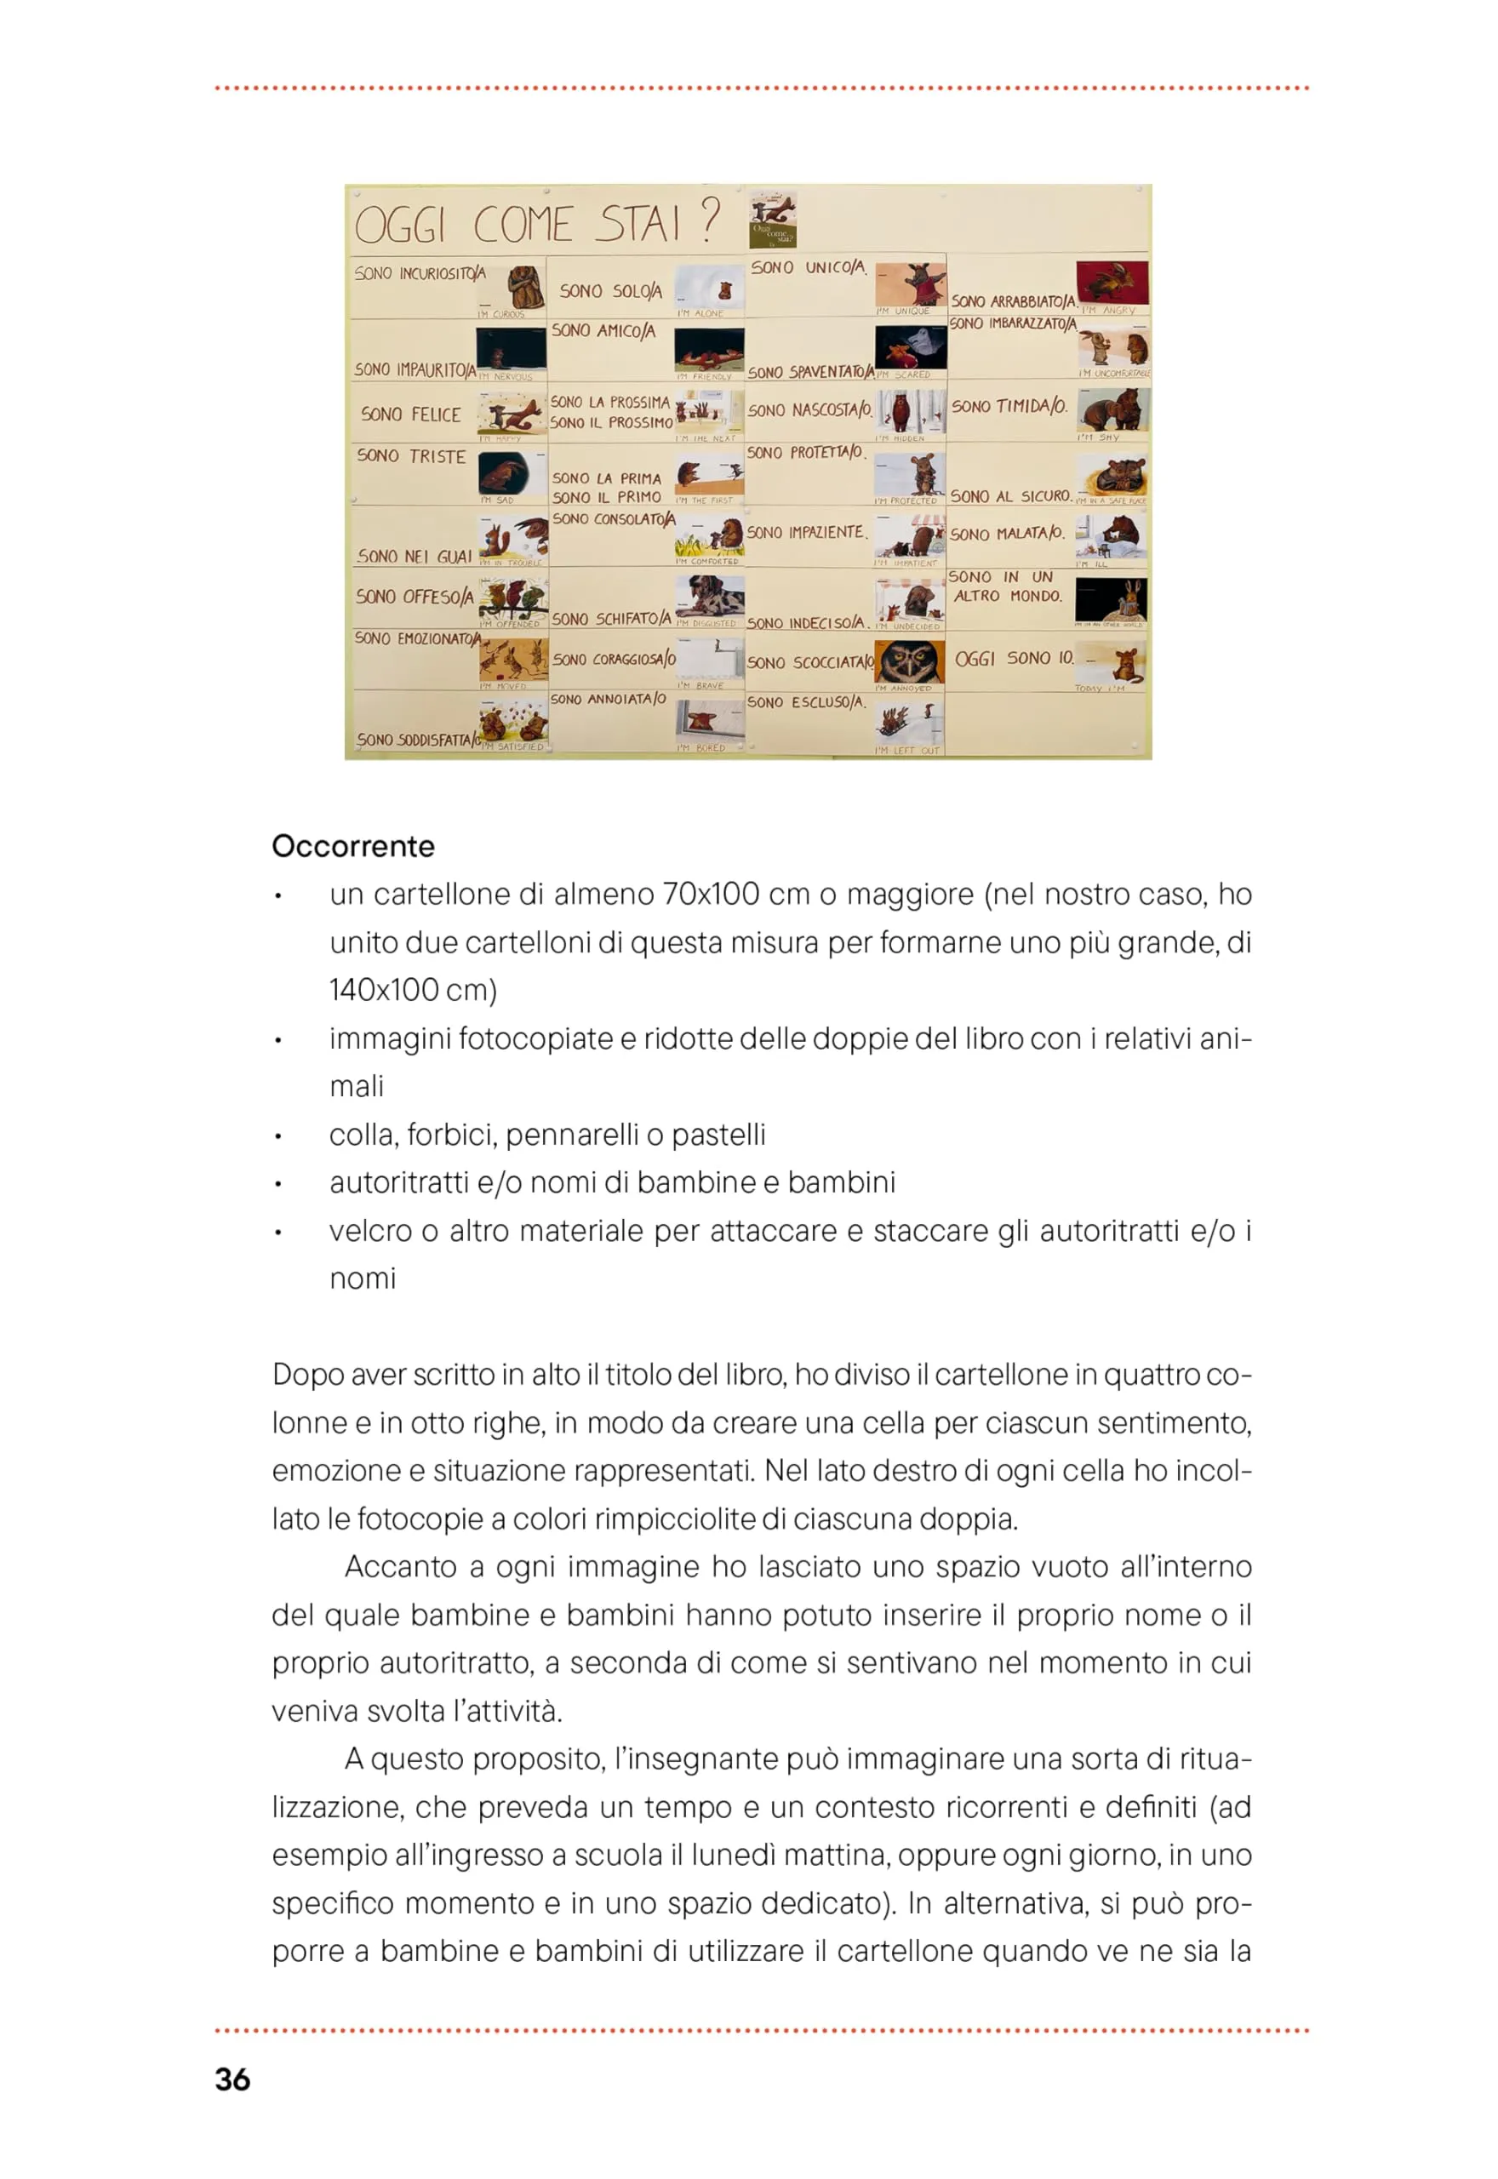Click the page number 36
pyautogui.click(x=232, y=2079)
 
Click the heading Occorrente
pyautogui.click(x=353, y=845)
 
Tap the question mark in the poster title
pyautogui.click(x=711, y=220)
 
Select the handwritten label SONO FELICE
pyautogui.click(x=410, y=414)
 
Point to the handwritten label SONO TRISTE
pyautogui.click(x=411, y=456)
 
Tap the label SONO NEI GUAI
pyautogui.click(x=414, y=557)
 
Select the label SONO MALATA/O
pyautogui.click(x=1007, y=534)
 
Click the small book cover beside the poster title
pyautogui.click(x=774, y=220)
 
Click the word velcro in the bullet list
pyautogui.click(x=369, y=1230)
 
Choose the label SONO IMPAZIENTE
pyautogui.click(x=805, y=532)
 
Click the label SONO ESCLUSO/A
pyautogui.click(x=805, y=702)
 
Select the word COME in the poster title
pyautogui.click(x=522, y=226)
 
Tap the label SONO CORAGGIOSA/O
pyautogui.click(x=614, y=659)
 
